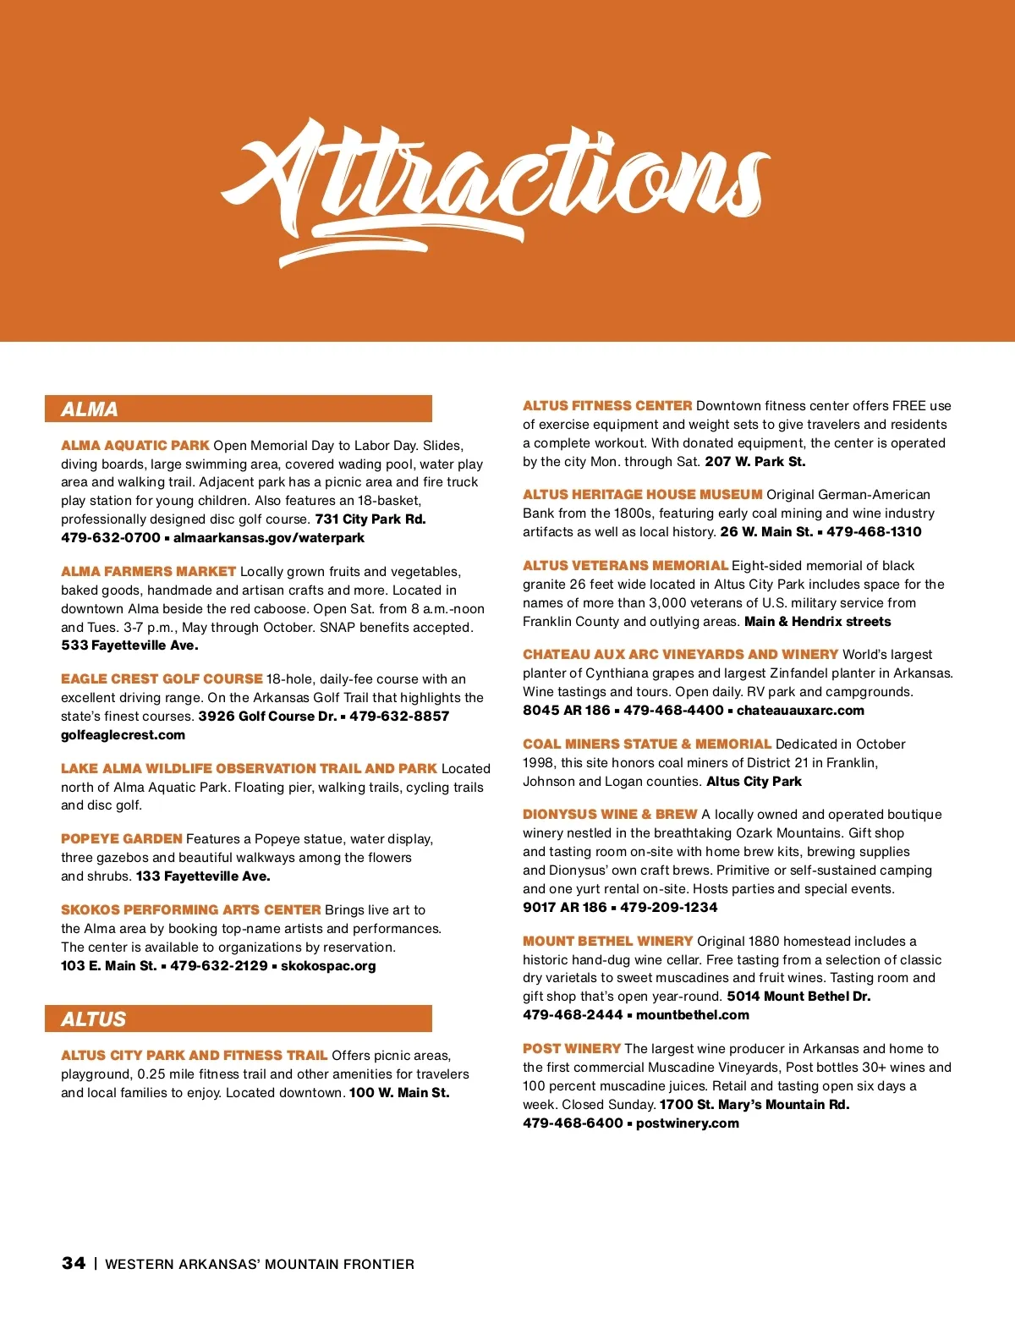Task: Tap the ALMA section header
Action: click(90, 409)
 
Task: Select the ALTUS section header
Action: click(94, 1019)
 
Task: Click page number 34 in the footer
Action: click(74, 1263)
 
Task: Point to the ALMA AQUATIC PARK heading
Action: click(135, 446)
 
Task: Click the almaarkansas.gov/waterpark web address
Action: click(269, 538)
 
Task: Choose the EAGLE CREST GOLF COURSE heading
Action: click(162, 679)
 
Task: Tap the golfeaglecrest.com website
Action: click(123, 735)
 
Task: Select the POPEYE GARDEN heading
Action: click(122, 839)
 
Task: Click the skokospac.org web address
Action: click(328, 966)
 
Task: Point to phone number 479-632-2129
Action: click(219, 966)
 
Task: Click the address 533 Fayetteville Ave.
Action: click(129, 645)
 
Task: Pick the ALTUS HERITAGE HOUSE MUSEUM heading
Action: click(643, 495)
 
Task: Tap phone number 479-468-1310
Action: click(874, 532)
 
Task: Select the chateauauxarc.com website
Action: click(800, 711)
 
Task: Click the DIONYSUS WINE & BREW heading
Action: click(610, 815)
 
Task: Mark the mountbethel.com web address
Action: click(693, 1015)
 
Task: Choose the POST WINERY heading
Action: click(572, 1049)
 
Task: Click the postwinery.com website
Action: click(688, 1123)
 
